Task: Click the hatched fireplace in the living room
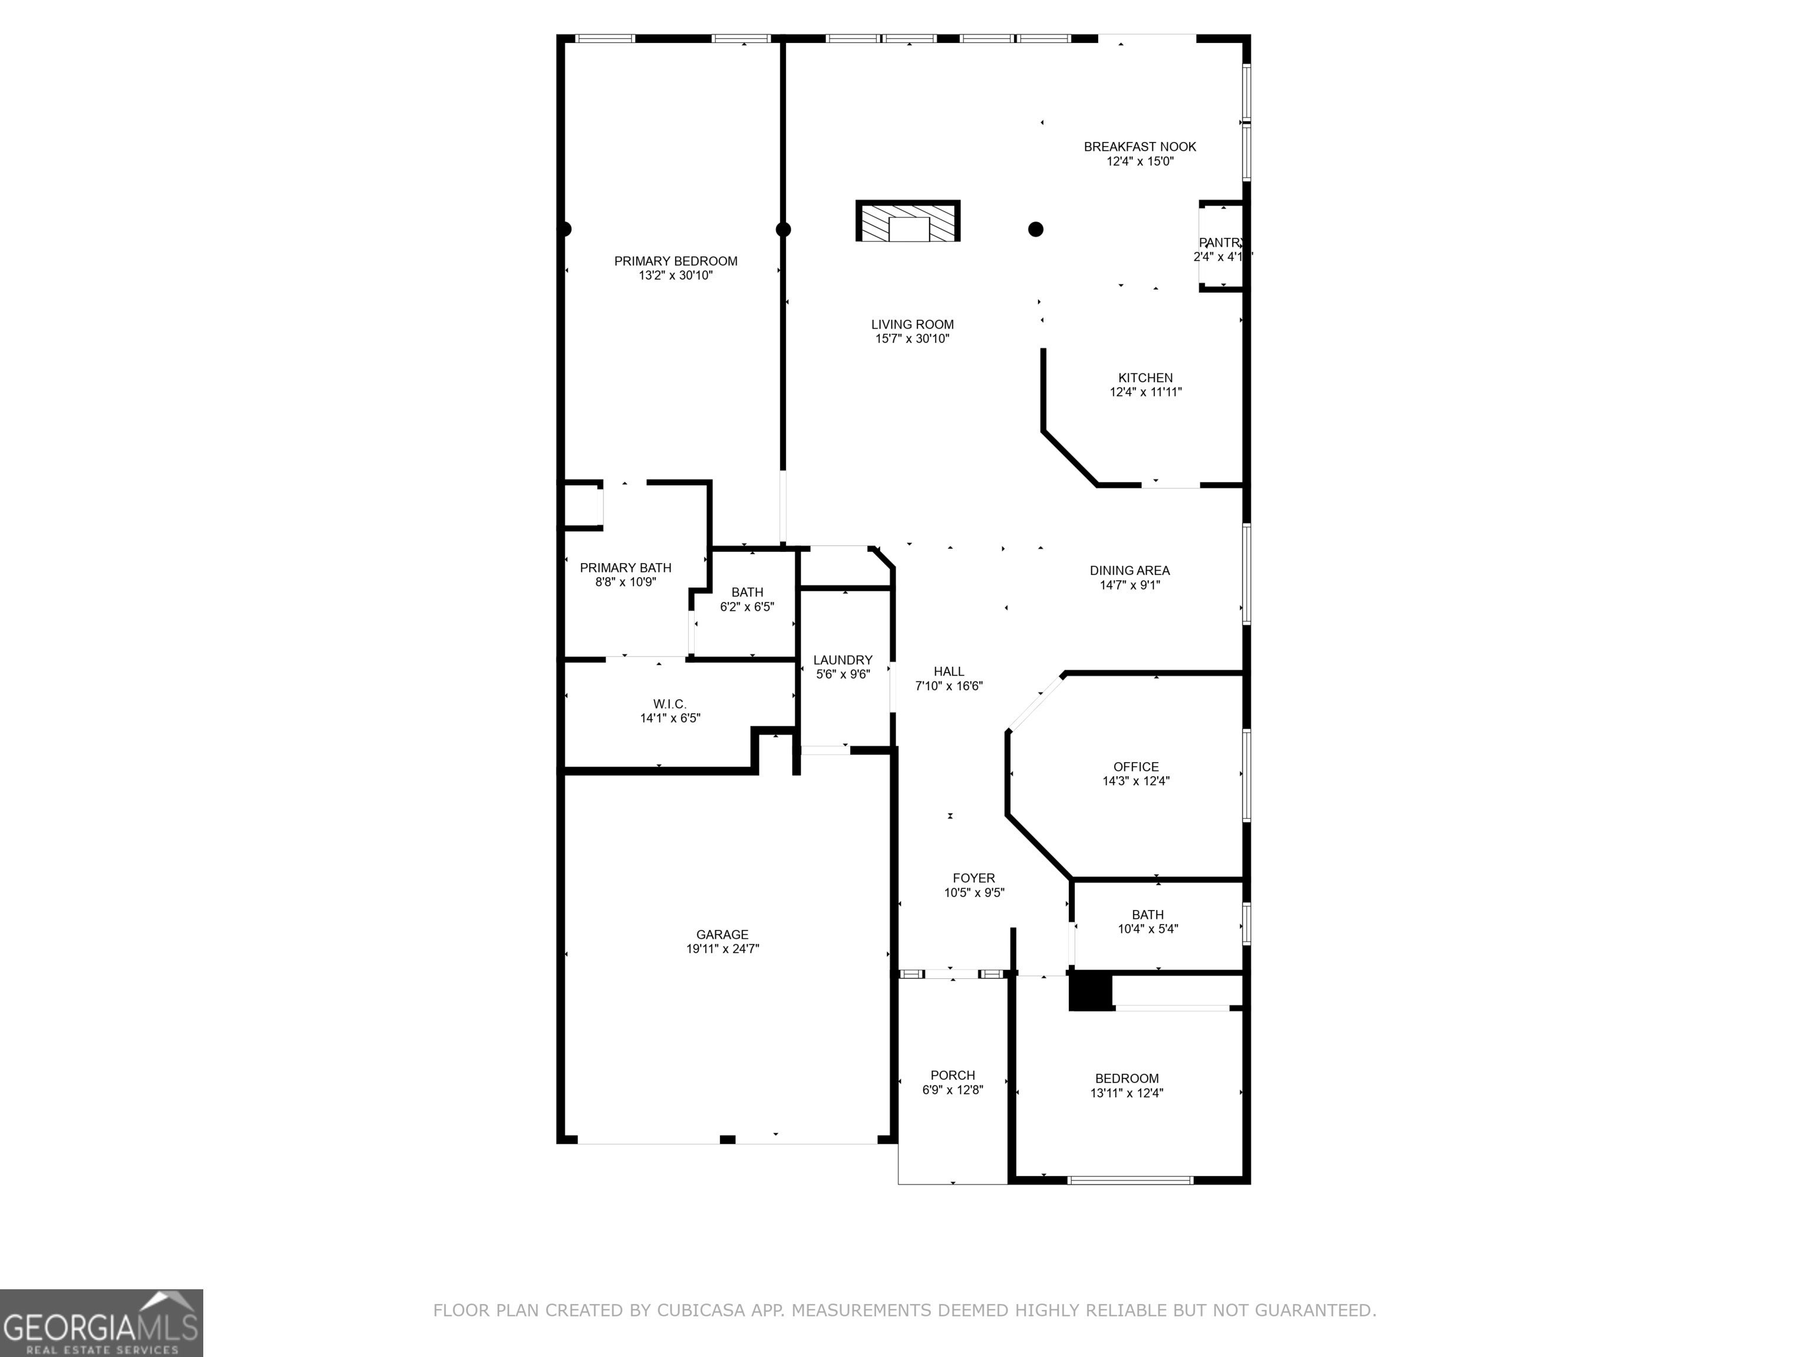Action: point(909,221)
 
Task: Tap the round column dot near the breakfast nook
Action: point(1036,229)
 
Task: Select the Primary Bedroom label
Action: point(676,261)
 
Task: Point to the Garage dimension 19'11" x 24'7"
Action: point(722,949)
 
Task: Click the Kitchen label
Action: point(1145,378)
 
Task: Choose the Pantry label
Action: point(1221,243)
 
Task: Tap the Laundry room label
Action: point(843,660)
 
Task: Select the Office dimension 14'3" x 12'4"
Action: point(1136,781)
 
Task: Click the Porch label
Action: point(953,1075)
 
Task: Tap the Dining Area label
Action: point(1130,571)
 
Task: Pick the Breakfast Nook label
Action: point(1140,147)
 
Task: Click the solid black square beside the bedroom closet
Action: point(1091,991)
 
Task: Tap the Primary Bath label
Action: point(626,568)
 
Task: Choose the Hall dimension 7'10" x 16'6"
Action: point(949,686)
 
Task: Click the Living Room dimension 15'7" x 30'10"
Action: point(912,339)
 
